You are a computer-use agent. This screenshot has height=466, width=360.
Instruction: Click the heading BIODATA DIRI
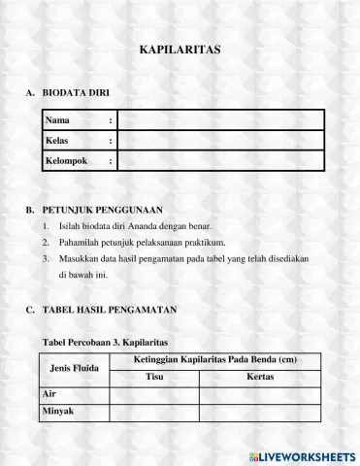pyautogui.click(x=76, y=94)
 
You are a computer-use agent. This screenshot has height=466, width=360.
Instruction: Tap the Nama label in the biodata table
pyautogui.click(x=58, y=119)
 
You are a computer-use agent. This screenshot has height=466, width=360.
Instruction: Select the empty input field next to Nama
pyautogui.click(x=220, y=119)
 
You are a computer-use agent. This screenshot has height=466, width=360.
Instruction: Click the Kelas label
pyautogui.click(x=59, y=141)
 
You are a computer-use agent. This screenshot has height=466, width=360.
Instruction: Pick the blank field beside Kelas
pyautogui.click(x=220, y=141)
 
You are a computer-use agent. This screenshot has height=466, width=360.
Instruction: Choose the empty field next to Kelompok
pyautogui.click(x=220, y=161)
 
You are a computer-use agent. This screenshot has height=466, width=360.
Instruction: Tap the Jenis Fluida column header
pyautogui.click(x=75, y=369)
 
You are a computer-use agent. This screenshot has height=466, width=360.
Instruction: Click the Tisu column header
pyautogui.click(x=154, y=377)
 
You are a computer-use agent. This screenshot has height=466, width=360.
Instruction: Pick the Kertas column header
pyautogui.click(x=260, y=377)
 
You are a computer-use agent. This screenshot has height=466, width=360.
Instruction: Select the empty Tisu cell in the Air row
pyautogui.click(x=154, y=394)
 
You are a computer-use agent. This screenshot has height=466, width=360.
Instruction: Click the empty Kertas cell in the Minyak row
pyautogui.click(x=260, y=412)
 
